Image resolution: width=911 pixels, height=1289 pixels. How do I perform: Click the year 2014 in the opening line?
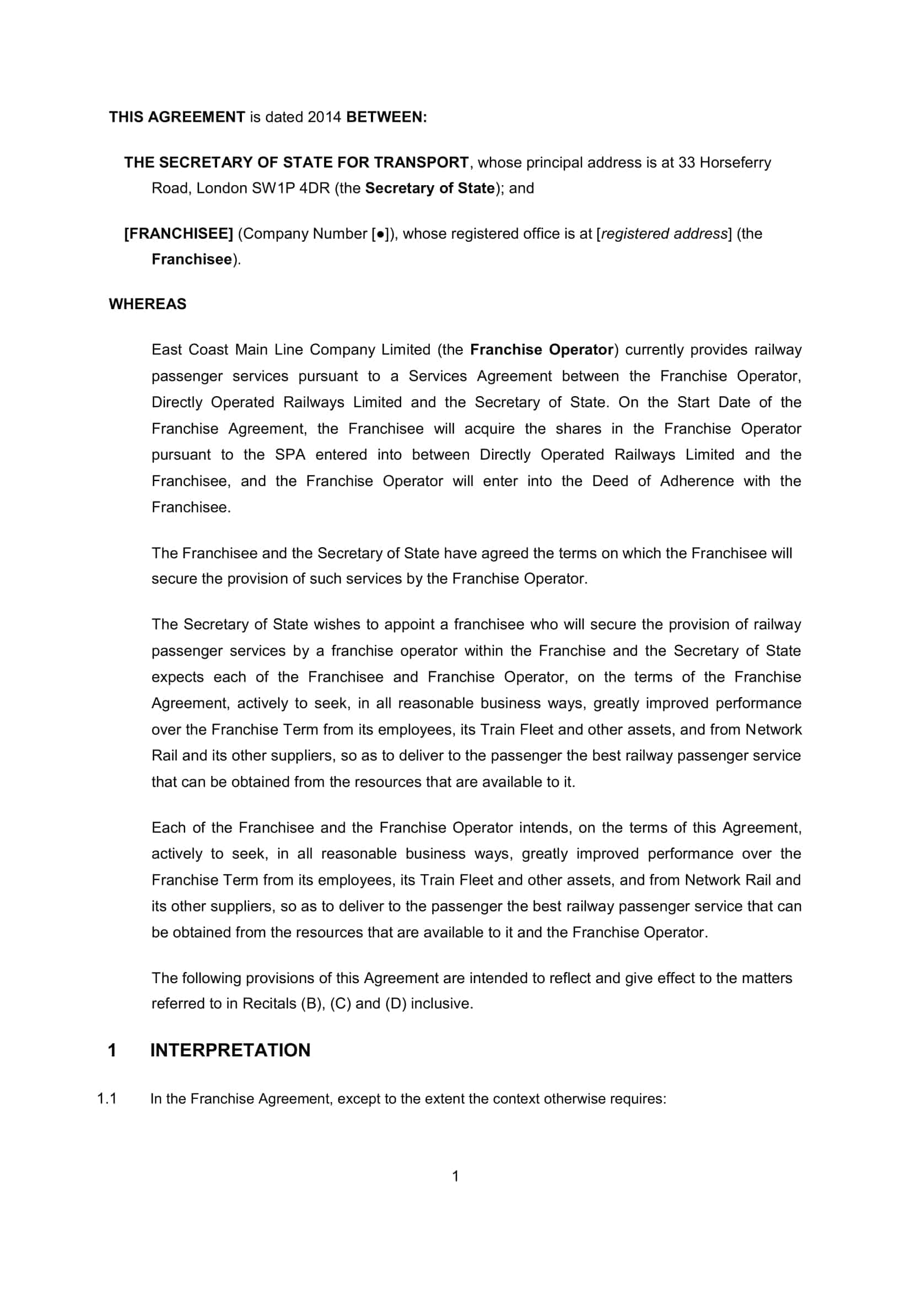pos(325,117)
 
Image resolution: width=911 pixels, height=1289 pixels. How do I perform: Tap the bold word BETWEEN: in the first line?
pos(387,117)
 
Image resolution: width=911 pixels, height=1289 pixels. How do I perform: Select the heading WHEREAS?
pos(148,304)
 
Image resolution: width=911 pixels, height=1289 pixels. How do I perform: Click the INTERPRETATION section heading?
pos(230,1050)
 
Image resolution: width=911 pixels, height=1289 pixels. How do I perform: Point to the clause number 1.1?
pos(107,1099)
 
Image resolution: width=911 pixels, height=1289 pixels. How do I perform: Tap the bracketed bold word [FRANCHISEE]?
pos(179,234)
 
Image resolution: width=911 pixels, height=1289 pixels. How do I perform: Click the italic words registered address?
pos(664,234)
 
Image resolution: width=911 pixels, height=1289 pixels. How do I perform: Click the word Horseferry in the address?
pos(735,162)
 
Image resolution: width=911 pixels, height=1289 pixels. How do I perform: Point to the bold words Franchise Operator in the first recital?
pos(542,349)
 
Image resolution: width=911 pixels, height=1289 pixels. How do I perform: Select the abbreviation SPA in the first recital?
pos(290,454)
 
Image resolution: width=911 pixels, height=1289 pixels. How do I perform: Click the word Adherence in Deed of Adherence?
pos(697,481)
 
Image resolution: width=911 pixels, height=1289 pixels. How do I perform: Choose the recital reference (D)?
pos(396,1003)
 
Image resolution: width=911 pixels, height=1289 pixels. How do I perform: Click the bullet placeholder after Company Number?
pos(381,234)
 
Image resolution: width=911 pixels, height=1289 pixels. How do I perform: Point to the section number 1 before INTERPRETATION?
pos(112,1050)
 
